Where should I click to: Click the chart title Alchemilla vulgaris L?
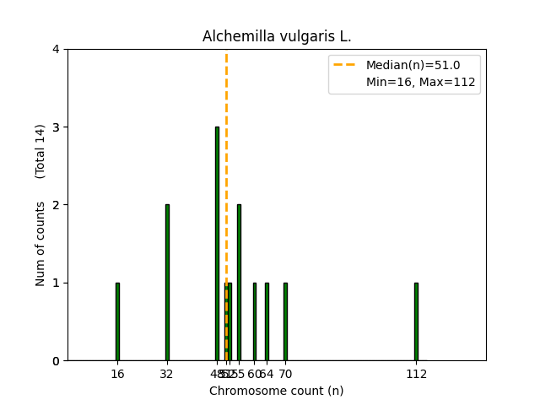(x=277, y=36)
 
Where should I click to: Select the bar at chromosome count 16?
(x=117, y=321)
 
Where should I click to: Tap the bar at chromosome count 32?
(x=167, y=283)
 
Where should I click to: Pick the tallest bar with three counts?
(x=217, y=244)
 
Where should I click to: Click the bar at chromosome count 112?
(x=416, y=321)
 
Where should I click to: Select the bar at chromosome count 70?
(x=285, y=321)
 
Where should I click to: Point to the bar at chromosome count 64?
(x=267, y=321)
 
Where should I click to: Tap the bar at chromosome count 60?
(x=255, y=321)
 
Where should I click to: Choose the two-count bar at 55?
(x=239, y=283)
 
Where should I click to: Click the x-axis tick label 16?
(x=117, y=374)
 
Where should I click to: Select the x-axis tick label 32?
(x=167, y=374)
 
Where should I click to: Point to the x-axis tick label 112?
(x=416, y=374)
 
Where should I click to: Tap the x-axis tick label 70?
(x=286, y=374)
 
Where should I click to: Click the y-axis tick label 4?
(x=56, y=49)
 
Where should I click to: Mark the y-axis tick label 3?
(x=56, y=127)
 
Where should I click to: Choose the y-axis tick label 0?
(x=56, y=361)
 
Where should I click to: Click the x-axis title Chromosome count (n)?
(x=277, y=391)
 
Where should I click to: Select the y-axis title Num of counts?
(x=40, y=243)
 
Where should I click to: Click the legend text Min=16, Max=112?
(x=420, y=83)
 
